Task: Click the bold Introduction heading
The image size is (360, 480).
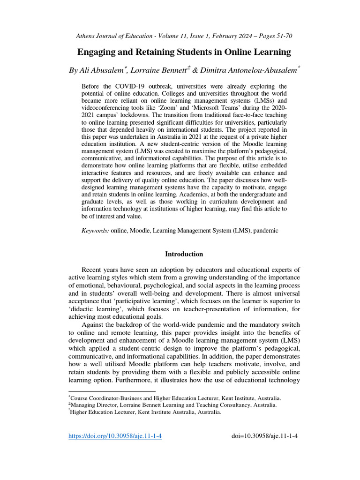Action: pos(184,254)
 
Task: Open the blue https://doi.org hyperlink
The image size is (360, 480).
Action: pos(115,436)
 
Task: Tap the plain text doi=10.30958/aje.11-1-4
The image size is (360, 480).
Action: pos(265,436)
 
